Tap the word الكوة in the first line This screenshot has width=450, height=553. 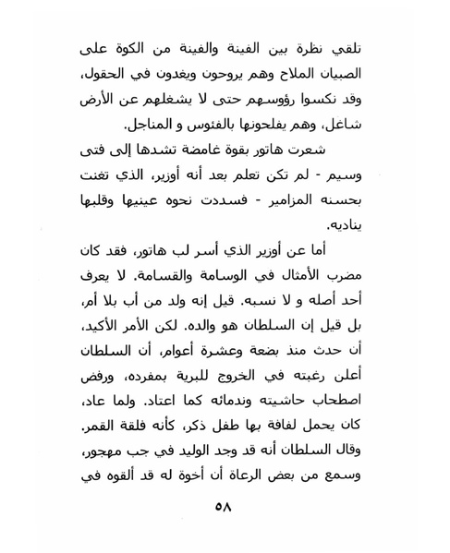click(134, 46)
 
